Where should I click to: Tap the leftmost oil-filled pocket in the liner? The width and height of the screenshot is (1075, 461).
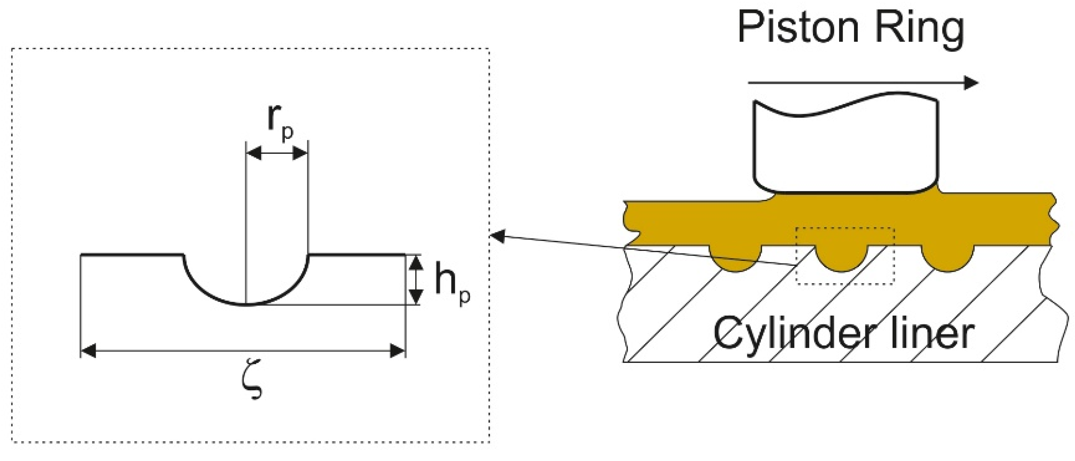click(x=735, y=258)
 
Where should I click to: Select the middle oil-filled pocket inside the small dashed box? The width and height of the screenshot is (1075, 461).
click(x=841, y=258)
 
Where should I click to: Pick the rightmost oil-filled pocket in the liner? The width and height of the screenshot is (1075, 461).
click(x=947, y=258)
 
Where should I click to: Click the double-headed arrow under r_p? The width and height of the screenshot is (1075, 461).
click(x=277, y=153)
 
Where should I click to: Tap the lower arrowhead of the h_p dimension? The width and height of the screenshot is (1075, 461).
click(x=415, y=297)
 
